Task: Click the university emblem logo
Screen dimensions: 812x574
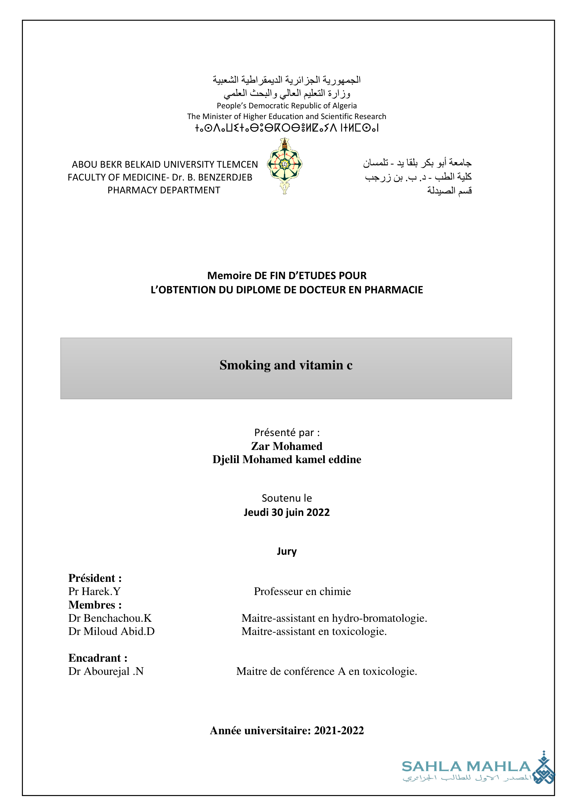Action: point(285,166)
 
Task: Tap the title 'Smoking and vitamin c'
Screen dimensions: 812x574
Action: point(286,365)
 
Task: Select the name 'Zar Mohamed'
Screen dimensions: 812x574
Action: point(287,446)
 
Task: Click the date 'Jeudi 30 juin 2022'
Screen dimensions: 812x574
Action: point(287,512)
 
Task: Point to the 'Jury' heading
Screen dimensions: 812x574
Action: point(287,551)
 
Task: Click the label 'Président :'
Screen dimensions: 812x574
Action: point(95,578)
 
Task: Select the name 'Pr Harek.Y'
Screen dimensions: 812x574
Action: point(94,591)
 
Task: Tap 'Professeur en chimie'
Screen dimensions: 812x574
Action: point(302,591)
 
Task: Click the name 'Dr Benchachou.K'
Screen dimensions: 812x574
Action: point(110,618)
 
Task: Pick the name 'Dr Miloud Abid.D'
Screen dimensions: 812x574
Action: point(111,631)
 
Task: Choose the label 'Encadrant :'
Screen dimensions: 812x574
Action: point(98,658)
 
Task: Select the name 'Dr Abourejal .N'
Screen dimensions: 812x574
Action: point(106,671)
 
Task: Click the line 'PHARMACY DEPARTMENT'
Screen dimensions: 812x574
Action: point(164,190)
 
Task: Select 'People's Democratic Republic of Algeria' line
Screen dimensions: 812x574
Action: point(287,106)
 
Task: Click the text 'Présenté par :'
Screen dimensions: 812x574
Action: point(287,433)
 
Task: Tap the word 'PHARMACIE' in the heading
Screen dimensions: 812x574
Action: point(394,290)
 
